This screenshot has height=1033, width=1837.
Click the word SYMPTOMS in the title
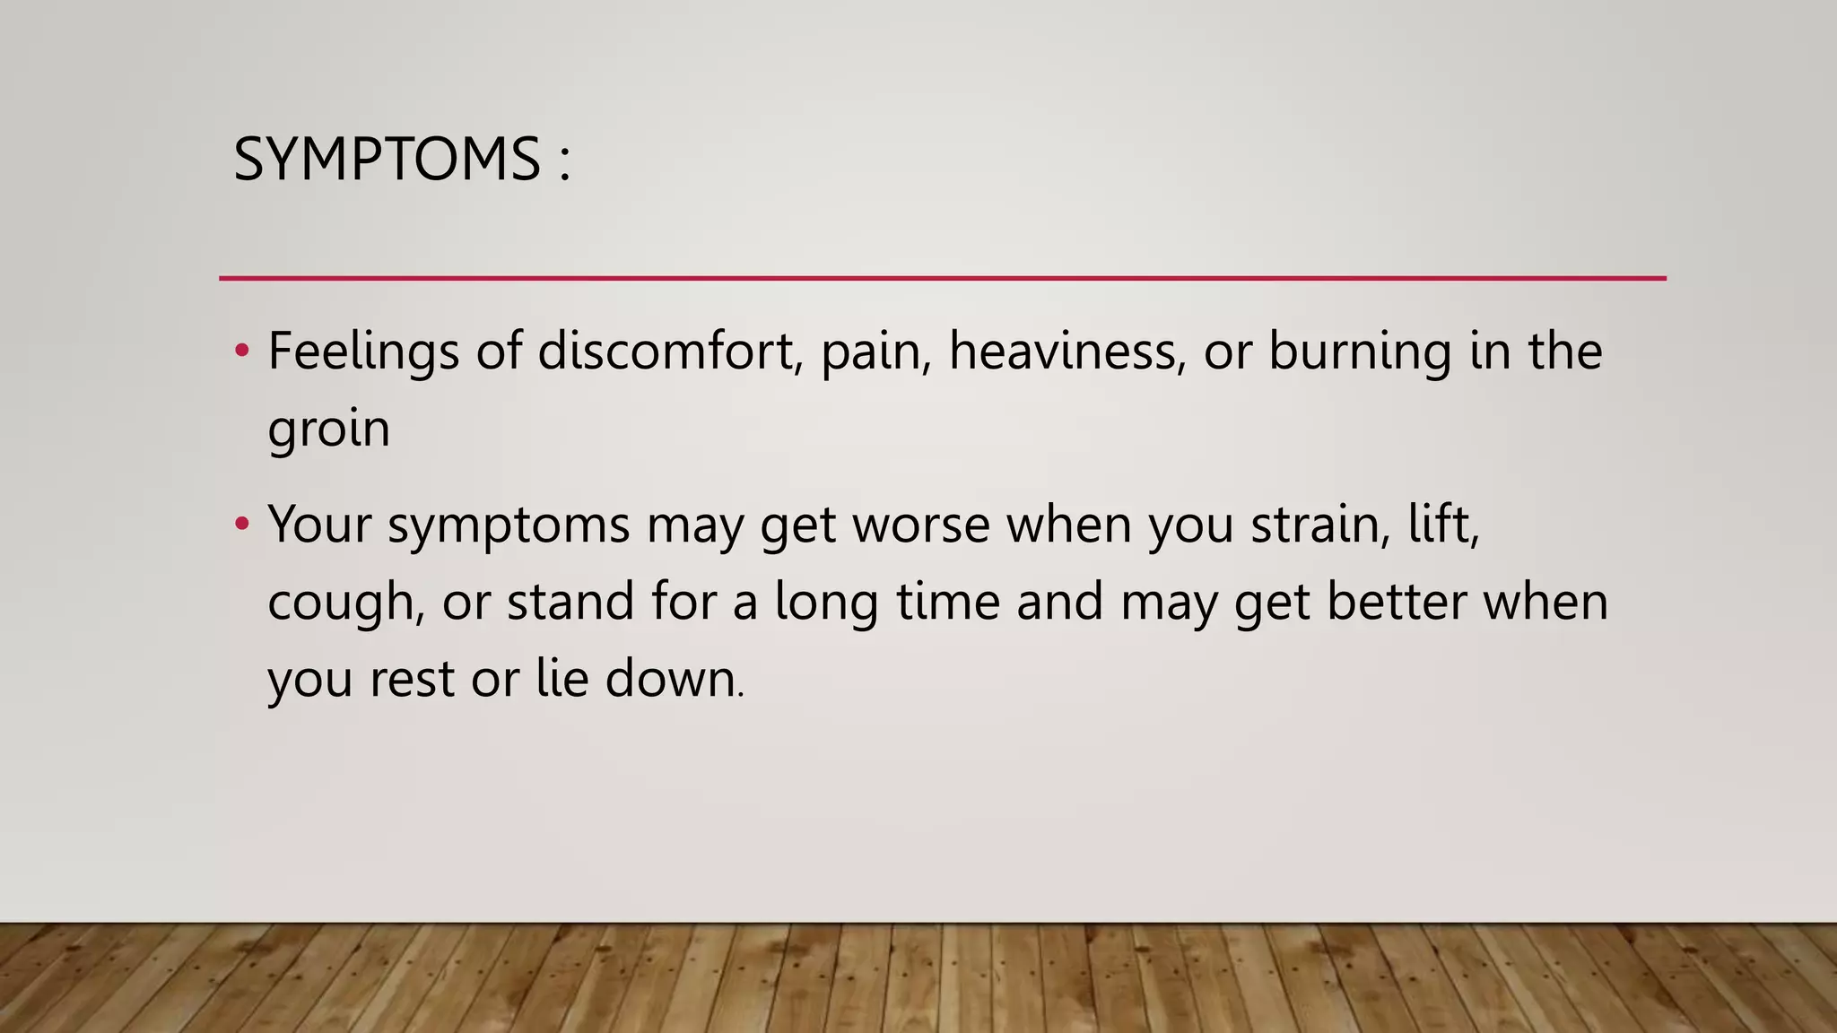tap(387, 160)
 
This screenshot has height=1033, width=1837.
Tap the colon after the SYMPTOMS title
tap(564, 161)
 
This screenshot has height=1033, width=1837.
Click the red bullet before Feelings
tap(241, 351)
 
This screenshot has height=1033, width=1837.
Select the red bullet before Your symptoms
tap(241, 523)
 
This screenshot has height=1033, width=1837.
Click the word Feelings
tap(363, 352)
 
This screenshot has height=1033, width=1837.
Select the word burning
tap(1360, 352)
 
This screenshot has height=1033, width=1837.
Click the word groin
tap(328, 429)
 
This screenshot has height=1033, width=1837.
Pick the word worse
tap(921, 525)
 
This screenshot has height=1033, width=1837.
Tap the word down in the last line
tap(672, 679)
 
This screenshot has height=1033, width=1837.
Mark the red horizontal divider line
tap(942, 279)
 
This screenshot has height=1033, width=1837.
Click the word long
tap(826, 602)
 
